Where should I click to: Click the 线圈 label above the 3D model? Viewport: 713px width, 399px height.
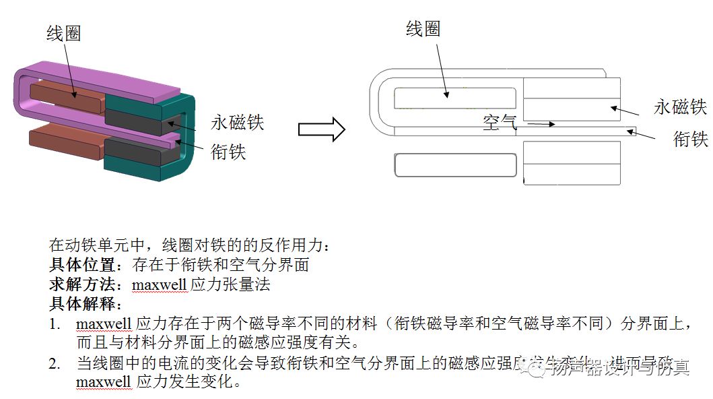pos(64,34)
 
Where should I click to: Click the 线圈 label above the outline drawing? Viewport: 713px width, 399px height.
pos(423,28)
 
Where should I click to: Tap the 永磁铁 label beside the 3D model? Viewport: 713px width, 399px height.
pos(237,122)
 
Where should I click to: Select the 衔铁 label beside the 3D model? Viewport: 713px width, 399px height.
pos(228,152)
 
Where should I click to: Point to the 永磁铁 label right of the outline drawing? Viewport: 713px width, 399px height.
pos(680,107)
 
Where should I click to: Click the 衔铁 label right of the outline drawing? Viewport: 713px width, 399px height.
pos(691,139)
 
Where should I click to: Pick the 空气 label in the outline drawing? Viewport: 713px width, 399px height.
pos(500,123)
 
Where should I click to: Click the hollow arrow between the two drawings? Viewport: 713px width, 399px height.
pos(321,129)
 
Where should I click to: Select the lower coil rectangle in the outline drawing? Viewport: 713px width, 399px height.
pos(455,165)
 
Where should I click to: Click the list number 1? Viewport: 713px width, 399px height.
pos(54,324)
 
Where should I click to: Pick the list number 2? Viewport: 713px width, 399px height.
pos(54,364)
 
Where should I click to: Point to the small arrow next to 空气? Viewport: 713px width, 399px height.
pos(541,124)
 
